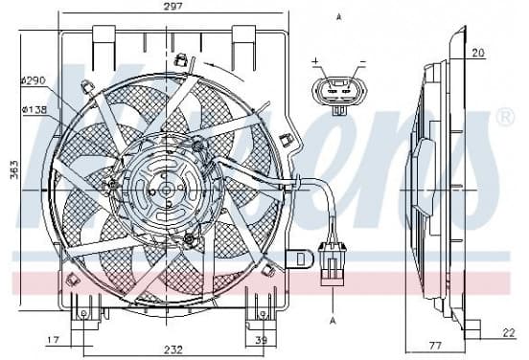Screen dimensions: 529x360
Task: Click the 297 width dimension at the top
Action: coord(172,7)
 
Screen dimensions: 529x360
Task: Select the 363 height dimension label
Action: coord(14,169)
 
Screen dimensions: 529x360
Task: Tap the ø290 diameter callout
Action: coord(33,80)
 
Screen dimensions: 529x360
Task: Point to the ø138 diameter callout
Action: coord(34,109)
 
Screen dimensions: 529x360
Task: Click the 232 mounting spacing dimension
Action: coord(173,349)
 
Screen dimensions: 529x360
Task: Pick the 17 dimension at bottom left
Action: coord(53,340)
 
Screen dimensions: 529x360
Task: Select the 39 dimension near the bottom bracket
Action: coord(261,340)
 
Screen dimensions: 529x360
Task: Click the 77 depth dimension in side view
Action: coord(435,346)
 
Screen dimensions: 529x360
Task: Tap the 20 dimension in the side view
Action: coord(477,53)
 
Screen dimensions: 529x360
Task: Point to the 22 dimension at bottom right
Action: coord(509,333)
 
